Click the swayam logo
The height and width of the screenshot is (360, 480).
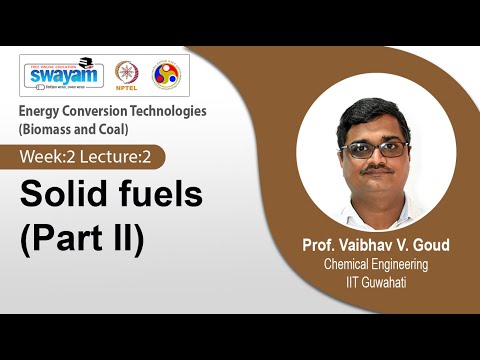tap(62, 74)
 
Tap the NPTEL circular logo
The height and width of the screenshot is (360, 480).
tap(126, 75)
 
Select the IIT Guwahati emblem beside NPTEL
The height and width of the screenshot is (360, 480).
tap(165, 75)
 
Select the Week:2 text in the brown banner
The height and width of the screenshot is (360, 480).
tap(51, 156)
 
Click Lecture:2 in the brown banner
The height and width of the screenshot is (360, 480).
tap(122, 156)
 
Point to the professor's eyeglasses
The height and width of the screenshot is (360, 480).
tap(373, 149)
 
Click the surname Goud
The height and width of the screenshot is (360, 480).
tap(436, 245)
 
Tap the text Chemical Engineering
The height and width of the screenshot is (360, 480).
tap(375, 264)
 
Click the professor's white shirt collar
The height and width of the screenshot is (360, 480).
tap(374, 208)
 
